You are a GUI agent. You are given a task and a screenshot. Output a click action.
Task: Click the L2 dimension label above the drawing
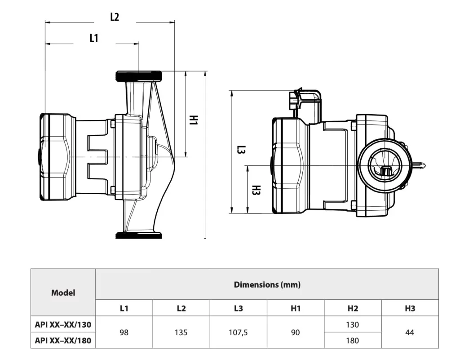(x=115, y=17)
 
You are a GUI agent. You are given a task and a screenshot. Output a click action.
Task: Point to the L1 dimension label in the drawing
(x=93, y=38)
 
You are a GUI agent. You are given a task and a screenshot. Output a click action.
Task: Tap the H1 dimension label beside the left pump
(x=194, y=120)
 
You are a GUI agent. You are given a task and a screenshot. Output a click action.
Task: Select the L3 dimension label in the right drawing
(x=241, y=150)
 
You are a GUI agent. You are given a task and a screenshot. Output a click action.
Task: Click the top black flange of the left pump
(x=139, y=76)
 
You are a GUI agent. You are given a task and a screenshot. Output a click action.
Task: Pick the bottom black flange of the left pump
(x=139, y=235)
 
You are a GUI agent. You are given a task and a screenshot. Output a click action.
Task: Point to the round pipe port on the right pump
(x=385, y=165)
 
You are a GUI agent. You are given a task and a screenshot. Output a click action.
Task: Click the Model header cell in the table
(x=63, y=293)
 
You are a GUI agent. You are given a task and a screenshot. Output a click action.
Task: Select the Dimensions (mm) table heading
(x=267, y=284)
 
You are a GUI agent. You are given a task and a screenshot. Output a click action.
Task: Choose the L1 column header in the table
(x=124, y=308)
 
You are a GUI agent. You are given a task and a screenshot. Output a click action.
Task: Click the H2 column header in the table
(x=353, y=308)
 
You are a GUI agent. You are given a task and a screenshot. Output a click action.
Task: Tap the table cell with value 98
(x=124, y=333)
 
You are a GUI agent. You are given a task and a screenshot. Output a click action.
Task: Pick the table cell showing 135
(x=181, y=333)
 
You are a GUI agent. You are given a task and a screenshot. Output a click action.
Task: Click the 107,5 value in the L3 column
(x=239, y=333)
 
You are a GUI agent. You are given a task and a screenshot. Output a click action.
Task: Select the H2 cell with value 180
(x=353, y=341)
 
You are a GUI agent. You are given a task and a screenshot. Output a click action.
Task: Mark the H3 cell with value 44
(x=410, y=333)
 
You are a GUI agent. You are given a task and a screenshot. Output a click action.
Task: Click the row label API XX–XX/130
(x=63, y=324)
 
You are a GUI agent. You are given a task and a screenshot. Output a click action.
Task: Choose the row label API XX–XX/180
(x=63, y=341)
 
